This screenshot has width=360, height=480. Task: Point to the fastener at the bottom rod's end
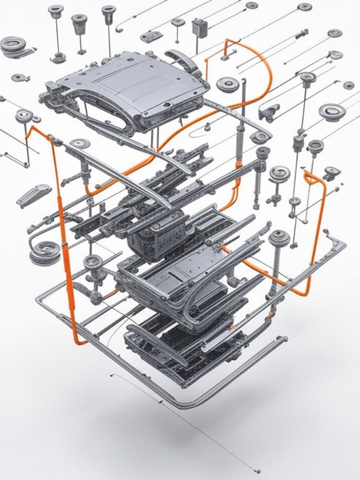257,470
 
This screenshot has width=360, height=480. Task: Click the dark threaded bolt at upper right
301,35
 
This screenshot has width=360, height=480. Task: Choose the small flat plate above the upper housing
151,36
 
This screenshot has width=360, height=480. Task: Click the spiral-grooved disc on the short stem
279,173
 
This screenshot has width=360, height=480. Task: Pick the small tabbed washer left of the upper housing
20,77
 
